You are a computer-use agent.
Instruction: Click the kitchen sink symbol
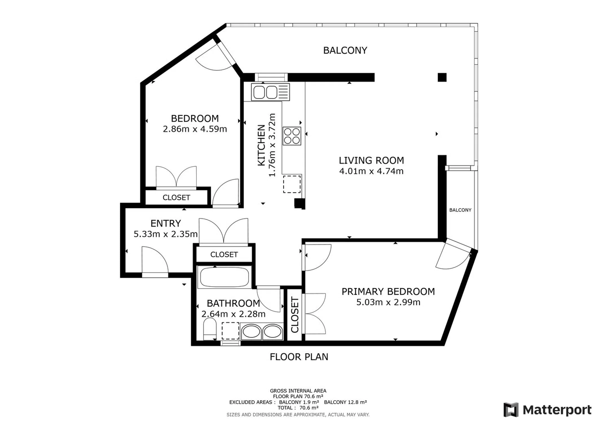pos(270,92)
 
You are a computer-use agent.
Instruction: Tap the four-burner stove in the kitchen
pos(292,136)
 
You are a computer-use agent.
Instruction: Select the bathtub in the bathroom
pos(224,277)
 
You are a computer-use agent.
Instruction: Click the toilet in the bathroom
pos(209,329)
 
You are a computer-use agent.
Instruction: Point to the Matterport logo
pos(547,410)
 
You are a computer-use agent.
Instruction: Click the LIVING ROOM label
pos(371,160)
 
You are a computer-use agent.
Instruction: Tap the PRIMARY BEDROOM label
pos(388,292)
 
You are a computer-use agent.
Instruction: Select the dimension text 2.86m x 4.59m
pos(195,129)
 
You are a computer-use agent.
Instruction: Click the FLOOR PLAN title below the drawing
pos(299,357)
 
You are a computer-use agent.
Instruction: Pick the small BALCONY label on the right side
pos(460,210)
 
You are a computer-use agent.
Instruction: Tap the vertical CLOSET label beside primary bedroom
pos(295,315)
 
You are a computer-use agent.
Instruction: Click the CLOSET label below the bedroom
pos(176,198)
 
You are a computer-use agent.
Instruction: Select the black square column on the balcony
pos(442,77)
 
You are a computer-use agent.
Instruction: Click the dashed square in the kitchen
pos(292,184)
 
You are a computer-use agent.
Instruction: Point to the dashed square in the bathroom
pos(230,331)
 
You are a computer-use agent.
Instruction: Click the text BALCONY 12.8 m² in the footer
pos(345,402)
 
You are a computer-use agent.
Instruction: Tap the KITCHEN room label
pos(262,145)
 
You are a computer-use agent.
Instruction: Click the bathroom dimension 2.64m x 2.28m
pos(233,314)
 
